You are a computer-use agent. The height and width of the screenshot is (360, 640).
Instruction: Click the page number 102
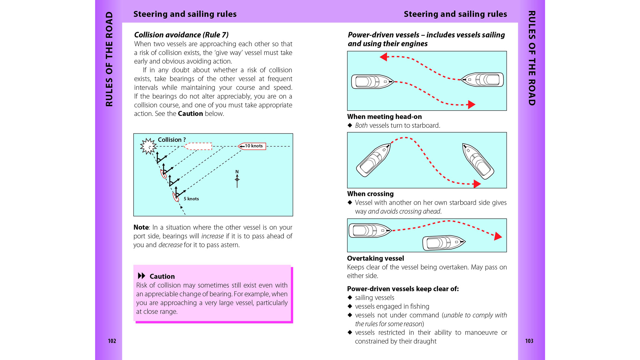112,341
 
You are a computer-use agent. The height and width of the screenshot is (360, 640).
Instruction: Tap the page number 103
529,341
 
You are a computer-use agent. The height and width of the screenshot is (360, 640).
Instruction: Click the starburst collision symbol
148,146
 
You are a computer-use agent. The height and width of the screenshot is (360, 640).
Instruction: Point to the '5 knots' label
191,199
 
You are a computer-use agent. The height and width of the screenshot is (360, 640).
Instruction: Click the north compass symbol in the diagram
237,179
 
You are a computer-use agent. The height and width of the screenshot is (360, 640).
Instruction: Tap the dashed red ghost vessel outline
198,146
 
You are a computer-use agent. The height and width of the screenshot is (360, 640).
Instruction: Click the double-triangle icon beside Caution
141,276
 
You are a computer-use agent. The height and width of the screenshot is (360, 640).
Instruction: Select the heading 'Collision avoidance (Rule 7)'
181,35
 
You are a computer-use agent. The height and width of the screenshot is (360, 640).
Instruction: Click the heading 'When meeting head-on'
384,117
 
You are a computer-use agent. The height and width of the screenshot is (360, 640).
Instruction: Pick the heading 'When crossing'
370,194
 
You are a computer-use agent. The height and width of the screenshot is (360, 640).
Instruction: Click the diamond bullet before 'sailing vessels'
350,298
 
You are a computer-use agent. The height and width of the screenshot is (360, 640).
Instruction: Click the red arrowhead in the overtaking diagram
498,236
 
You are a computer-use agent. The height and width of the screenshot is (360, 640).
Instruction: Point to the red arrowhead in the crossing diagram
477,184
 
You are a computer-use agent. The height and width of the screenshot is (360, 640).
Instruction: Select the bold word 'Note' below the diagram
141,228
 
